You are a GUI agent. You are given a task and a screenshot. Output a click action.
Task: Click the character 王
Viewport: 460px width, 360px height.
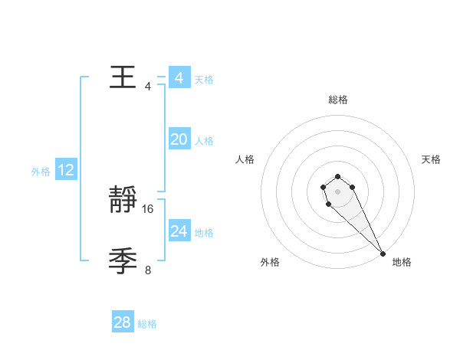(123, 77)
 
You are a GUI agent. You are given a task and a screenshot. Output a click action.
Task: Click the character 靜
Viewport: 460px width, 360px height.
(123, 201)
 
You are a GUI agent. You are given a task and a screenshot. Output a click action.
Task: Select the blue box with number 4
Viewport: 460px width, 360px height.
(179, 78)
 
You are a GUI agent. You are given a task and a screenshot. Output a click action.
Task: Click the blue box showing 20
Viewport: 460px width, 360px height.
(179, 139)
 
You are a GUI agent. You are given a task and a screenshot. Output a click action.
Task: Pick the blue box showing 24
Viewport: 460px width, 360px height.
(179, 231)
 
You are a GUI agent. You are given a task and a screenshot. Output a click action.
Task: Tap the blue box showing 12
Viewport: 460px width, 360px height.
(66, 170)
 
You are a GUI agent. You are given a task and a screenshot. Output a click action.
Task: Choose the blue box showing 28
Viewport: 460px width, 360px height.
(123, 322)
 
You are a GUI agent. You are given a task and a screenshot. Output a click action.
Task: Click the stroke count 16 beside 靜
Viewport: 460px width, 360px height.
(148, 208)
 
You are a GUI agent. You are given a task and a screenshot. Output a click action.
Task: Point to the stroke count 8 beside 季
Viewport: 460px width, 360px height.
(148, 270)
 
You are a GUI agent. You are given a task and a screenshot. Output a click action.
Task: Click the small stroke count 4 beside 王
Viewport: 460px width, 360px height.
(148, 86)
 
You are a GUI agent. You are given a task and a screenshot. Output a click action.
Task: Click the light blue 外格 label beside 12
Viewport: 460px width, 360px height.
(41, 172)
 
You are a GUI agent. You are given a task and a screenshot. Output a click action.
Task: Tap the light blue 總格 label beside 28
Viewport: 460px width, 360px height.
(147, 324)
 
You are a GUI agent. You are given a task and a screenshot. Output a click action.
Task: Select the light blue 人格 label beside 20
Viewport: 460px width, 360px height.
(204, 141)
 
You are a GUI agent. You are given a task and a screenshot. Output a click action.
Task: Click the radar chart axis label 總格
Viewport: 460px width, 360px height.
(338, 100)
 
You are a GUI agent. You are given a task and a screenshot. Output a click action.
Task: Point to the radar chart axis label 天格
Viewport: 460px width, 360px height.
(431, 159)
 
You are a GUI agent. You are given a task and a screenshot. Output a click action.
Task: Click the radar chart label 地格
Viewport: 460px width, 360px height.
(402, 262)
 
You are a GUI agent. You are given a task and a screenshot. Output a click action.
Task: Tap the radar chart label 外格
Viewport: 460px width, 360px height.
(270, 262)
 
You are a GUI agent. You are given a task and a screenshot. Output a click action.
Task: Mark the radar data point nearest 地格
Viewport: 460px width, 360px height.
(383, 254)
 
